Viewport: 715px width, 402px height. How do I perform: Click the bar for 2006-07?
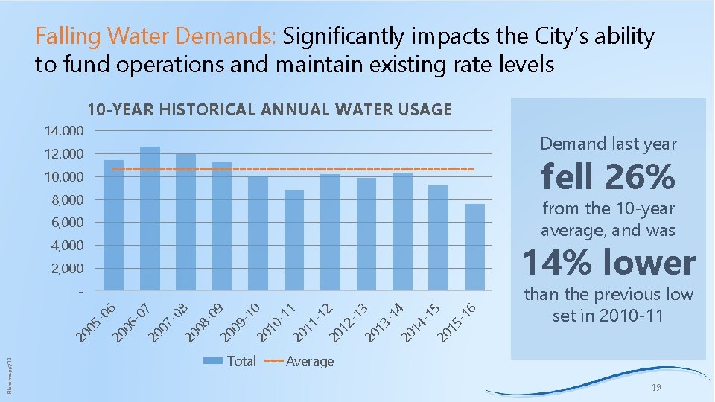(x=150, y=218)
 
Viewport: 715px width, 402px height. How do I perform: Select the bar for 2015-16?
(x=474, y=246)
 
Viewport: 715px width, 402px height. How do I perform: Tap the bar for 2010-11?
(x=294, y=240)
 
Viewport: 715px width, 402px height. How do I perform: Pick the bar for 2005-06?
(x=113, y=225)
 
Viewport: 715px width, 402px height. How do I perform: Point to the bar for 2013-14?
(x=402, y=231)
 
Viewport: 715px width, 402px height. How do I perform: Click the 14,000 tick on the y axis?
(x=63, y=131)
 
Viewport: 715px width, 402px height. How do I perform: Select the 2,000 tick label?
(x=67, y=268)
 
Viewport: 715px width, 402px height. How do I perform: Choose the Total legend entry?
(x=231, y=361)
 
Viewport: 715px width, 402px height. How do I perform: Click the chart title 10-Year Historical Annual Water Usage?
(x=270, y=110)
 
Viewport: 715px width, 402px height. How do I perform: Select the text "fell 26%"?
(x=608, y=177)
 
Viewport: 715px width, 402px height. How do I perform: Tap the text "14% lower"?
(x=608, y=263)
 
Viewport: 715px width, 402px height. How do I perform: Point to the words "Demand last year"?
(x=608, y=143)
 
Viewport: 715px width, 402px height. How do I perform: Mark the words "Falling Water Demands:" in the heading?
(x=156, y=36)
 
